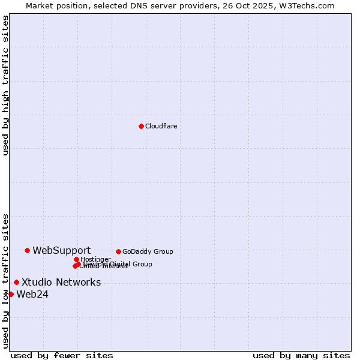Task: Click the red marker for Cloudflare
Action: (x=141, y=126)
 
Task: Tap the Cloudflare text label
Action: (x=161, y=126)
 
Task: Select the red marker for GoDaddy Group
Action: (x=118, y=251)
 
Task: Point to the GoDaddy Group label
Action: (x=148, y=251)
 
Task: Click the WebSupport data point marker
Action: (x=28, y=250)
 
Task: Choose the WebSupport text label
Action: (x=61, y=250)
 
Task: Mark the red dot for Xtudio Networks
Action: (x=16, y=282)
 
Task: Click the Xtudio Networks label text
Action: (x=61, y=282)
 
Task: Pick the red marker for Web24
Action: (x=11, y=294)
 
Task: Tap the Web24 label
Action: (x=32, y=294)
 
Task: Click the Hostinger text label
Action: (x=95, y=259)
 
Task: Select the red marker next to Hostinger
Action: (x=76, y=259)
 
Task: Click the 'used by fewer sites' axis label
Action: (x=62, y=355)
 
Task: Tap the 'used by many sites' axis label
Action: (x=301, y=355)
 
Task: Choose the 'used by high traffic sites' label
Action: (x=5, y=85)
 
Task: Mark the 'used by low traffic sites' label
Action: (x=5, y=281)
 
